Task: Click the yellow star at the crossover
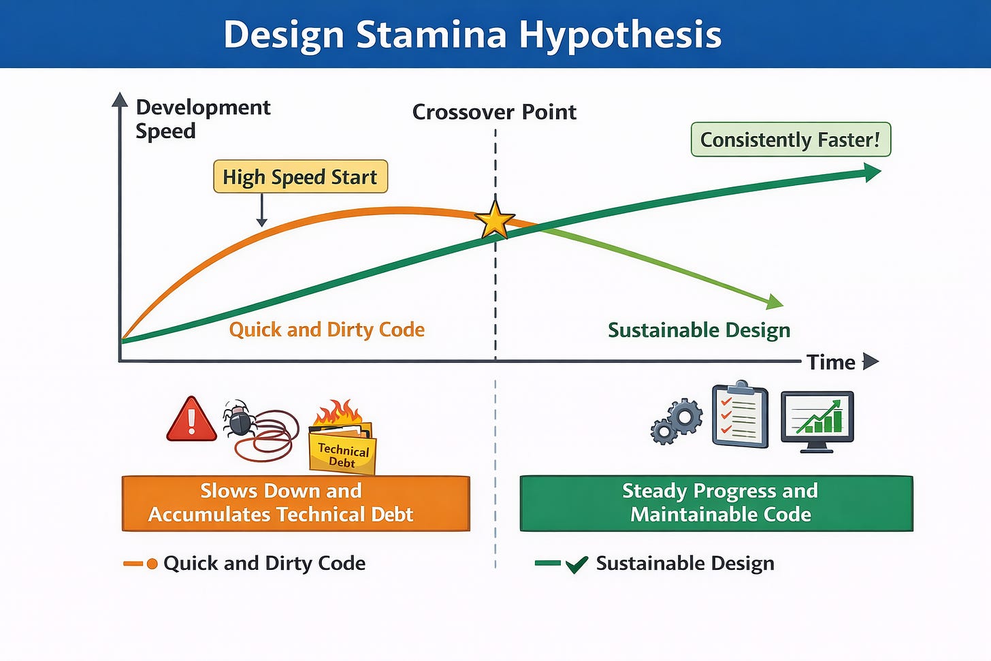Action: click(x=495, y=219)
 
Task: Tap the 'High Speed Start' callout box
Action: click(x=300, y=176)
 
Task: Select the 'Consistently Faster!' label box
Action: click(x=791, y=140)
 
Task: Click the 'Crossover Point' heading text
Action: click(x=494, y=112)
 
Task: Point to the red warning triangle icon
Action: click(x=191, y=419)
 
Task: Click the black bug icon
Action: click(x=240, y=418)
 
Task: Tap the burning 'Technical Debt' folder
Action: click(x=342, y=438)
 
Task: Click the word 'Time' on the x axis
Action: click(x=831, y=362)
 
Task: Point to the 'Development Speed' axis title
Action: click(x=203, y=119)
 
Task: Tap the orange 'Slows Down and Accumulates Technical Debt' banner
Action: click(x=296, y=503)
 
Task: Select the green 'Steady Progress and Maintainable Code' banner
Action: click(x=716, y=503)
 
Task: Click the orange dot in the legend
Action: click(x=152, y=564)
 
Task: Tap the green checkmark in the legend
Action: click(x=577, y=564)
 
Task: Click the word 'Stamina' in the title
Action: click(x=432, y=35)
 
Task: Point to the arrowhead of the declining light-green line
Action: click(x=775, y=302)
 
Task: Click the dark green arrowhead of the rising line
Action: click(x=872, y=172)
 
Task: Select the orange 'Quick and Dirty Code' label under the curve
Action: click(x=327, y=330)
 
